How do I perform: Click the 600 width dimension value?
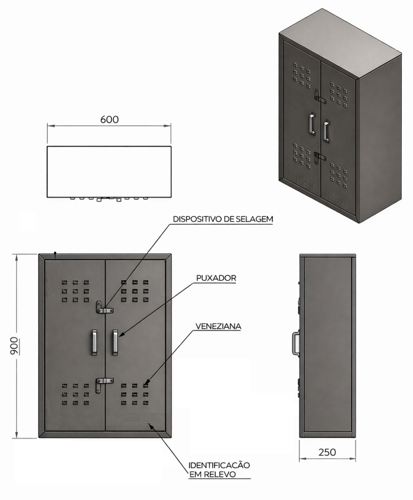(x=109, y=119)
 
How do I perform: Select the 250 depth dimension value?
(x=327, y=452)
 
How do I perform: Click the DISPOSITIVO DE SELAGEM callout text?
(x=223, y=219)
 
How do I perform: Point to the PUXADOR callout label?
(x=216, y=278)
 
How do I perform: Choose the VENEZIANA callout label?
(x=218, y=326)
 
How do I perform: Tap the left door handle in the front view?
(x=95, y=342)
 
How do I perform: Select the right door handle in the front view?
(x=115, y=342)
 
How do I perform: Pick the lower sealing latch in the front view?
(x=104, y=384)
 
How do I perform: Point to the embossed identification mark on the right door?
(x=148, y=423)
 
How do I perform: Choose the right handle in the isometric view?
(x=326, y=130)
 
